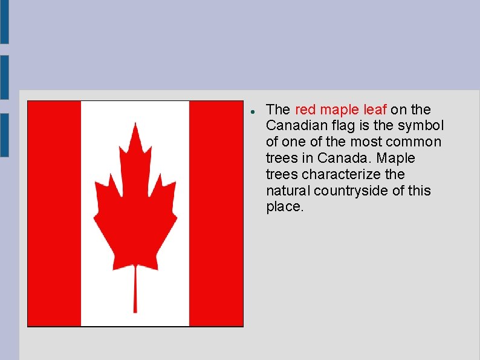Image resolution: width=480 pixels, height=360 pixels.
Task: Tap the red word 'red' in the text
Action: [x=305, y=110]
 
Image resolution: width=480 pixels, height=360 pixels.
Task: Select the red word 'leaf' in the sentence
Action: [x=375, y=110]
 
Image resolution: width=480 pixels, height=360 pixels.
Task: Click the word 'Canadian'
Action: [x=293, y=126]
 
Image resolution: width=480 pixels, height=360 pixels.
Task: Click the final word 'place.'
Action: [x=284, y=207]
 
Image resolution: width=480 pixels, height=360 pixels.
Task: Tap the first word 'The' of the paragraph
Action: [x=278, y=110]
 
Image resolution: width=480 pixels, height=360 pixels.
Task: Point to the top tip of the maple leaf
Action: [x=135, y=125]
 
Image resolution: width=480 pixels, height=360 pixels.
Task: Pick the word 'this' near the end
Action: [x=418, y=191]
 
